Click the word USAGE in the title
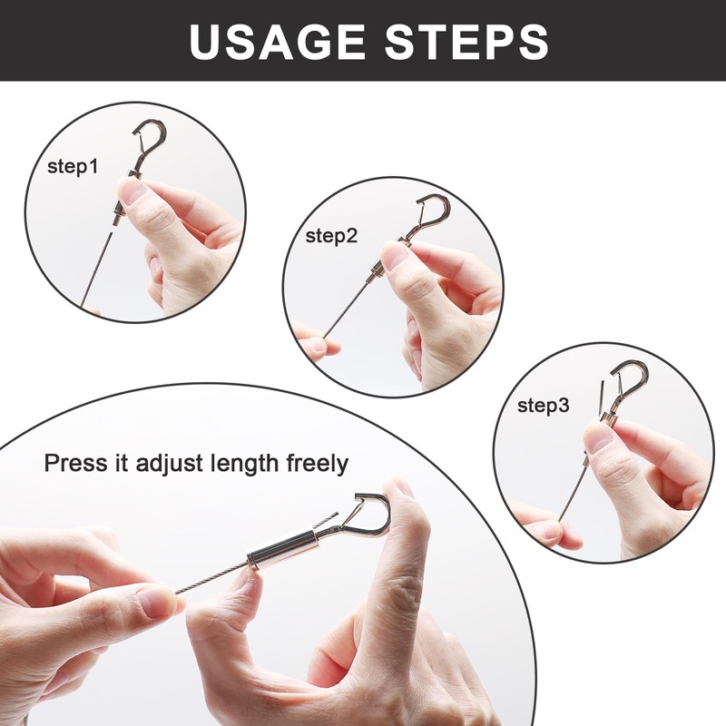coord(278,41)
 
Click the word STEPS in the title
coord(466,41)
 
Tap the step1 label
coord(73,167)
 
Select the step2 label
coord(331,236)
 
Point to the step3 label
coord(543,406)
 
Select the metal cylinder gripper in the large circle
coord(282,549)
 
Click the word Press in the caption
coord(75,463)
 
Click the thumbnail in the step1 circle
coord(131,190)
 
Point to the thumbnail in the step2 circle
coord(394,256)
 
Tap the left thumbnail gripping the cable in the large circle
coord(157,602)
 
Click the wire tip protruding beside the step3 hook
coord(601,397)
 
